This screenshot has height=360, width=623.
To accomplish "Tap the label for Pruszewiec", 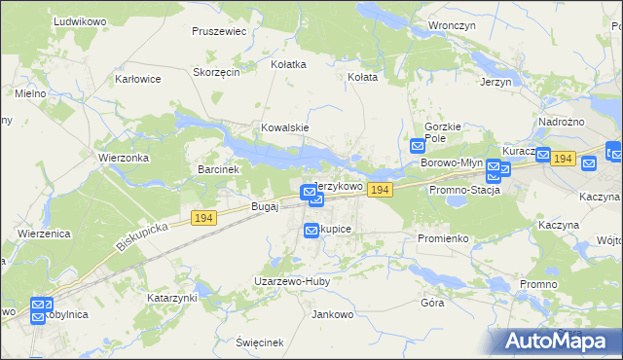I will pos(219,31).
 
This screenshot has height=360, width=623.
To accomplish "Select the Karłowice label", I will pos(137,79).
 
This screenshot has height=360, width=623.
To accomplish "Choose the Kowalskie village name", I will pos(284,127).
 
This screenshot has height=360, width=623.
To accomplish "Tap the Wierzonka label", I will pos(123,157).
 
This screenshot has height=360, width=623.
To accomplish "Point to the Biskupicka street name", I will pos(142,234).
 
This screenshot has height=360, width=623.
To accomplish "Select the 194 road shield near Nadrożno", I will pos(562,158).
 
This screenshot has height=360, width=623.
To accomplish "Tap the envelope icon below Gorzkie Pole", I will pos(417,146).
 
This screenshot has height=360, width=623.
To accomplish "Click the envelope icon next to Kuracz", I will pos(543,155).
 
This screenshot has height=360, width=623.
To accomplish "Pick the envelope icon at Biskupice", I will pos(311,230).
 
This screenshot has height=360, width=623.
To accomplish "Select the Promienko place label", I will pos(443,238).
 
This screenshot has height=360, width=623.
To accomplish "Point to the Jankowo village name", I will pos(331,314).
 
